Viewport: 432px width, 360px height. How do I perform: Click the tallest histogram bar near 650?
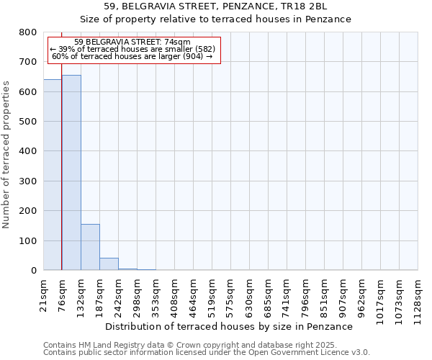pos(71,173)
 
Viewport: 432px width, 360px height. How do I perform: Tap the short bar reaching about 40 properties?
pos(109,264)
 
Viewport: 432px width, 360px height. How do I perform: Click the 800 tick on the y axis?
pos(28,32)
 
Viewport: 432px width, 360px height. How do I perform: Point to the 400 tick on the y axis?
pos(28,151)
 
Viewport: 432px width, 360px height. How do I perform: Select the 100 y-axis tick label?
pos(28,240)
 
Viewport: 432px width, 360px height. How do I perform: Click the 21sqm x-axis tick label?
pos(44,293)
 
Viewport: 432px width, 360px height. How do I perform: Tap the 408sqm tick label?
pos(175,295)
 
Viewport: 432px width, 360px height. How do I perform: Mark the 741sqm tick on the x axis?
pos(287,295)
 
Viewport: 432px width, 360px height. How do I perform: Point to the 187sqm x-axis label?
pos(100,295)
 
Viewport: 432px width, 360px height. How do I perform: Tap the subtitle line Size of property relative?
pos(215,19)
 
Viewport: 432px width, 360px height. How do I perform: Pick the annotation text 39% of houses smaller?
pos(132,49)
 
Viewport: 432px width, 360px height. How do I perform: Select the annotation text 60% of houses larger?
pos(132,56)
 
